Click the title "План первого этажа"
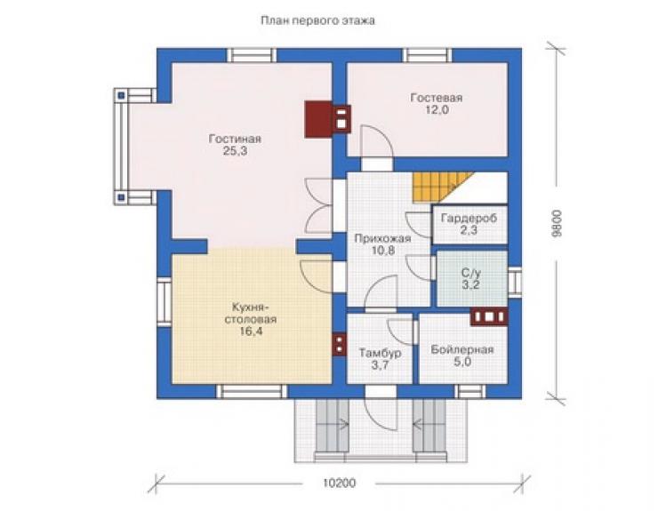pos(317,20)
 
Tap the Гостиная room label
pos(235,139)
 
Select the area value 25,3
pos(235,151)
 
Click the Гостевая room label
pos(437,98)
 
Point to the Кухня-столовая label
pos(251,313)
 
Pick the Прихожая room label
pos(382,239)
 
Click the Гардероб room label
pos(469,218)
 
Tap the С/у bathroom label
pos(471,273)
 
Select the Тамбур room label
pos(380,353)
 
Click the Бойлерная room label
pos(462,349)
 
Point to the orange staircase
pos(441,188)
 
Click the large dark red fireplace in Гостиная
pos(319,119)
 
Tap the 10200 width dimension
pos(340,483)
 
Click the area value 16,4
pos(251,331)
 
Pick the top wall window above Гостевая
pos(428,55)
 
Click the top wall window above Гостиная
pos(252,55)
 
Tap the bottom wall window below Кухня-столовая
pos(252,391)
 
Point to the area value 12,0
pos(437,110)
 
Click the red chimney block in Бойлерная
pos(489,316)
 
